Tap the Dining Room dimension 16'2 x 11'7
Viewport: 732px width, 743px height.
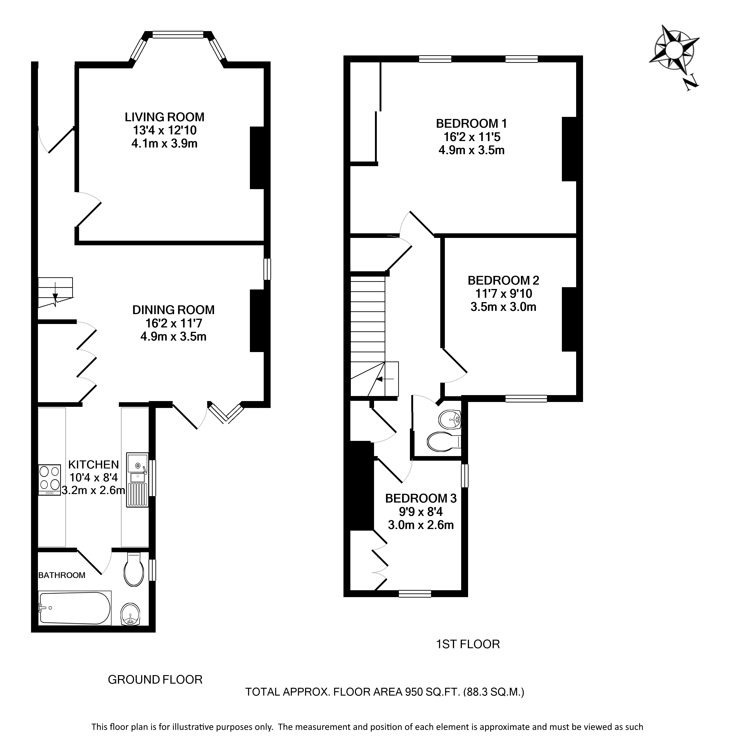(174, 323)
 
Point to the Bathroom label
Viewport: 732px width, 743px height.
(62, 575)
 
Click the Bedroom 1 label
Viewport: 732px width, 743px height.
(472, 123)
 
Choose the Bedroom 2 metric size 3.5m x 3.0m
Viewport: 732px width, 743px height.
(503, 307)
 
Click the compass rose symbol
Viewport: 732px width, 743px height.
(674, 49)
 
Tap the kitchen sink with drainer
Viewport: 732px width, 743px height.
(137, 479)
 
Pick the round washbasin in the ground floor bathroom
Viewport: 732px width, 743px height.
(131, 614)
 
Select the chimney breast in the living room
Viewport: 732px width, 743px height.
(257, 158)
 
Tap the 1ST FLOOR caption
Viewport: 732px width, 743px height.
(468, 644)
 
